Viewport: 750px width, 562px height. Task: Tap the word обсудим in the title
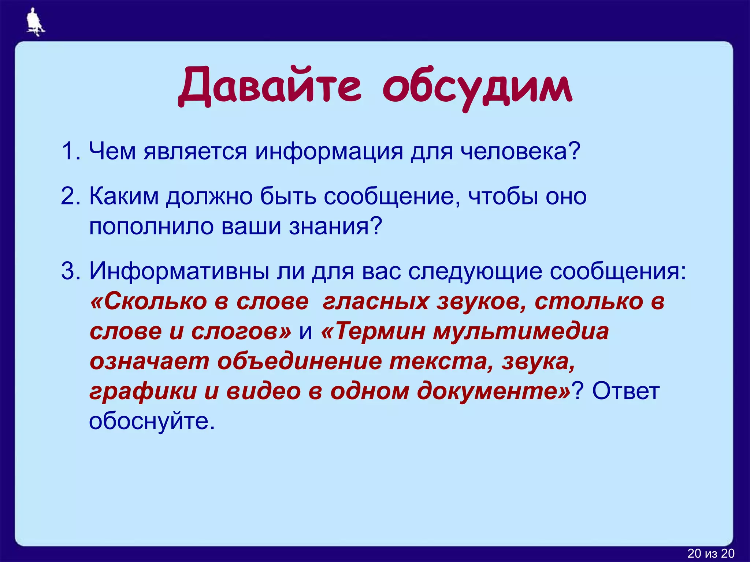[x=478, y=88]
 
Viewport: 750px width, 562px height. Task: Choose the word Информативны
[x=178, y=271]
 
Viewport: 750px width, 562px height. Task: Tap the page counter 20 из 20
[x=711, y=553]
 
